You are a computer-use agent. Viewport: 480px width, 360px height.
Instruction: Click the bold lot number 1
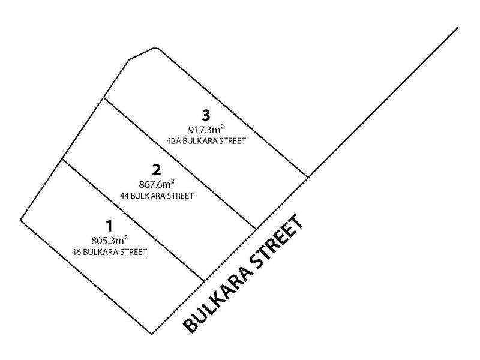coord(109,227)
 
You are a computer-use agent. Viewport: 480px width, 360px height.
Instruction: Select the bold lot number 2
coord(157,170)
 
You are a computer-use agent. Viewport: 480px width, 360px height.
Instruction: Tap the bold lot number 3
coord(206,116)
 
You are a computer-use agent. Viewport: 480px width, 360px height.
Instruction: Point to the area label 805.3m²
coord(109,241)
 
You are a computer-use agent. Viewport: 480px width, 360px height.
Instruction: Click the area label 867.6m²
coord(157,184)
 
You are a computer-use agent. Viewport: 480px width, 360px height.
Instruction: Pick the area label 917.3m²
coord(206,130)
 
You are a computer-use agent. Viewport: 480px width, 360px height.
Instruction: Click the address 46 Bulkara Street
coord(109,252)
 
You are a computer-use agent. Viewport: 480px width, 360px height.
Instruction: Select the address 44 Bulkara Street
coord(157,196)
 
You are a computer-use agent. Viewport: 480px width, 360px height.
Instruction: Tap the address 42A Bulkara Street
coord(206,141)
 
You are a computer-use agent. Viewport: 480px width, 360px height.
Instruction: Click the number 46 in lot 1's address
coord(76,252)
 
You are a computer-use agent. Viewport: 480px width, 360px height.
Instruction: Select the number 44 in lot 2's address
coord(124,196)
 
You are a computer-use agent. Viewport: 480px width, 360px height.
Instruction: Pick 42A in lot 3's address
coord(172,141)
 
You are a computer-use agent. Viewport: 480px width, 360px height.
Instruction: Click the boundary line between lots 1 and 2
coord(133,220)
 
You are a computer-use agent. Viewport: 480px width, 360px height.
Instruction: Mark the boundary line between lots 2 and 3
coord(180,163)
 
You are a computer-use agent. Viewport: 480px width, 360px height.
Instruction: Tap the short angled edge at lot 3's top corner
coord(143,53)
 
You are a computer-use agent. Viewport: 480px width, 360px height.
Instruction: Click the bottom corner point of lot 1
coord(152,334)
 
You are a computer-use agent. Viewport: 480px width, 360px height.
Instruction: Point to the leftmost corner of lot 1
coord(20,220)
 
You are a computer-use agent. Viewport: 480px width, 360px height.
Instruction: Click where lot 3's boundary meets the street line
coord(308,177)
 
